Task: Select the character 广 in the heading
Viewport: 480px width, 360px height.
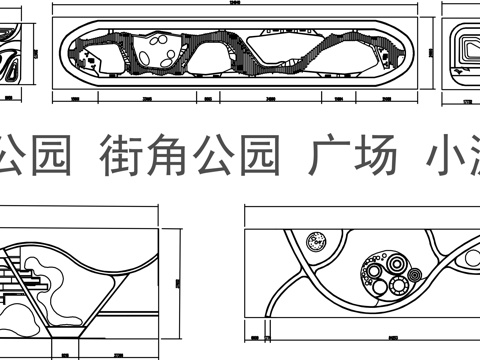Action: point(327,160)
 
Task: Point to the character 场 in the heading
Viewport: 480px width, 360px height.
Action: point(375,160)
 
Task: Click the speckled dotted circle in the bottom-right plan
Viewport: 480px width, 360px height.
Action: point(318,241)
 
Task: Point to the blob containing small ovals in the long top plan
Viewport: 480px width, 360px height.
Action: point(159,52)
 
